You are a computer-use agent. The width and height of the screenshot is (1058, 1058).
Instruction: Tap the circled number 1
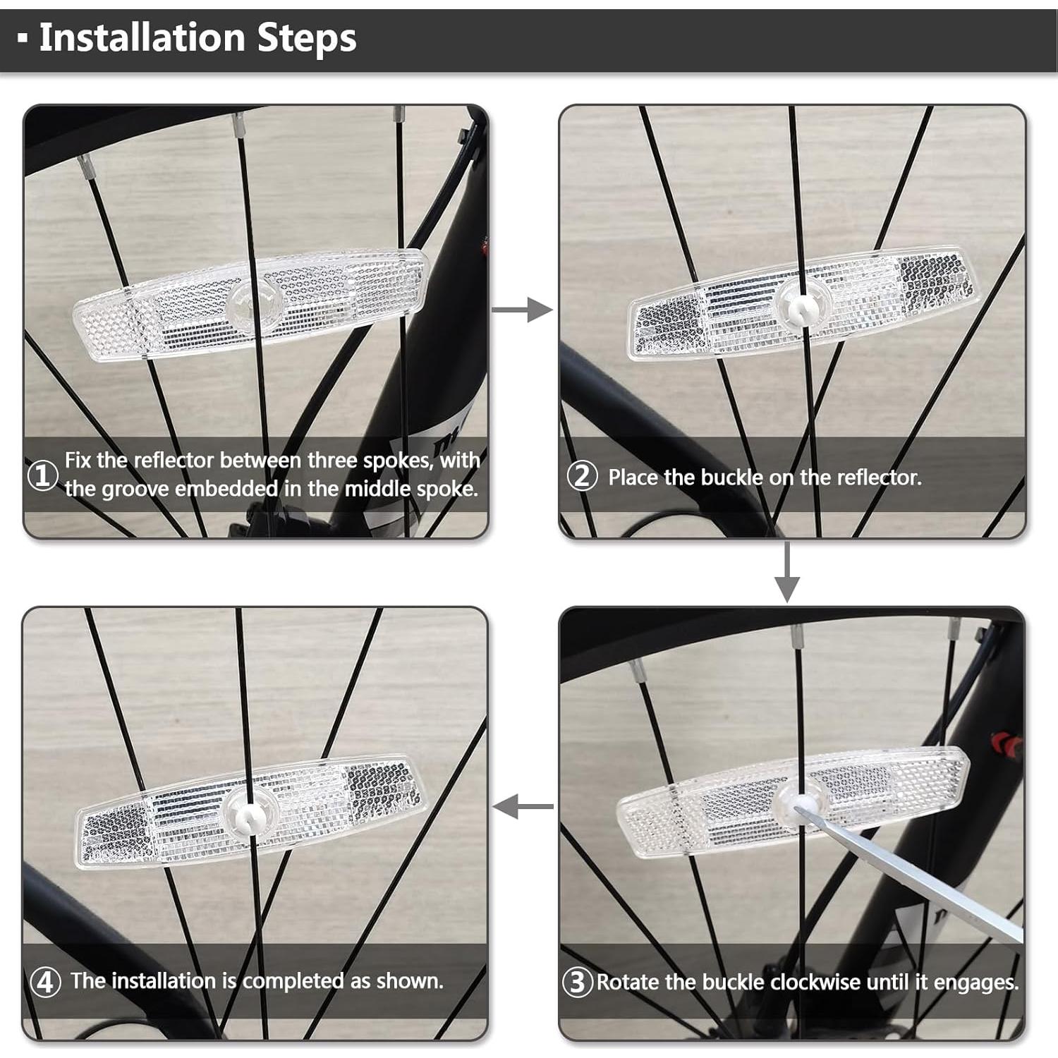[42, 475]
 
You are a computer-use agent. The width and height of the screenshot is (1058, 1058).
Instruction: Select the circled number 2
[582, 476]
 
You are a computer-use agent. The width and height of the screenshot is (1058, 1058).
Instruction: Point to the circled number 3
[577, 982]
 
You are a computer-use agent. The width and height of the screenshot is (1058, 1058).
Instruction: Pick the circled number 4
[45, 981]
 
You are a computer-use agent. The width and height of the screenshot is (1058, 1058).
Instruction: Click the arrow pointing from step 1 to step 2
[522, 309]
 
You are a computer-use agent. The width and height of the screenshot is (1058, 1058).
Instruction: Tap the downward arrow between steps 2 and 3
[786, 572]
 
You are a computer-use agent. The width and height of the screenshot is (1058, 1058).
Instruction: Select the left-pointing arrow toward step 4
[523, 806]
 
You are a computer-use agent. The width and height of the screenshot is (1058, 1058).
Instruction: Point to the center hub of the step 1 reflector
[255, 304]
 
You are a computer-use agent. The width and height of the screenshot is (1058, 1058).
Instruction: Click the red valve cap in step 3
[1007, 745]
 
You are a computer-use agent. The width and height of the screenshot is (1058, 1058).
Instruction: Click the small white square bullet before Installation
[23, 39]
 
